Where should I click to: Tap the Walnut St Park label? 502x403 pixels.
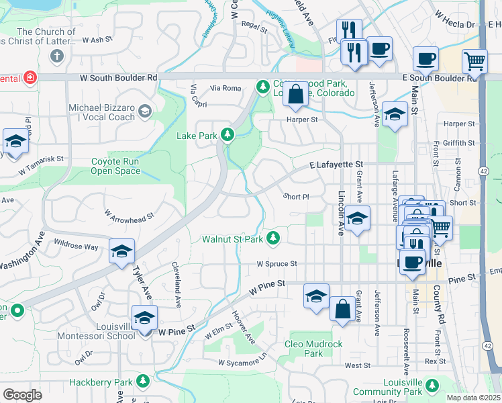click(233, 239)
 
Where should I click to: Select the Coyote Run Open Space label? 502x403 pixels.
click(116, 166)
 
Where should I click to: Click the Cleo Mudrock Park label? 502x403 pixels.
click(313, 349)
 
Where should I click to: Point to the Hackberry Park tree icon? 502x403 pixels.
click(142, 382)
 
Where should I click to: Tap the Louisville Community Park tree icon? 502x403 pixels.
click(433, 385)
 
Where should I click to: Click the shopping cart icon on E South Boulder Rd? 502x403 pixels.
click(474, 62)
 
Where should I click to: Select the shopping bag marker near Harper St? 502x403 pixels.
click(295, 95)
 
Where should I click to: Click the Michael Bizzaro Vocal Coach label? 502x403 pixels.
click(101, 113)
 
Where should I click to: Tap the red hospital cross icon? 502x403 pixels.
click(30, 79)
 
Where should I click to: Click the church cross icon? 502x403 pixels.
click(57, 55)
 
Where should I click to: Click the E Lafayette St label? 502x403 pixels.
click(336, 164)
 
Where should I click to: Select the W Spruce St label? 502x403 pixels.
click(276, 265)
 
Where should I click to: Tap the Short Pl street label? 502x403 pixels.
click(295, 197)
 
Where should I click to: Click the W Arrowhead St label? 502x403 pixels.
click(130, 214)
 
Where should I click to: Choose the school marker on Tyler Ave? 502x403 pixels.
click(121, 251)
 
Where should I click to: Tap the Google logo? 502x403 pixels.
click(22, 395)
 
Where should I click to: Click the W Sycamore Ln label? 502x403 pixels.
click(242, 363)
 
